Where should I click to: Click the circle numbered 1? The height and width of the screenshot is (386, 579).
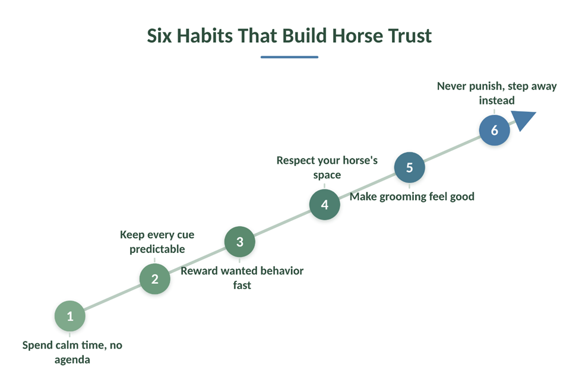[x=70, y=316]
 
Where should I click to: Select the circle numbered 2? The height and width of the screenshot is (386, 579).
[x=155, y=279]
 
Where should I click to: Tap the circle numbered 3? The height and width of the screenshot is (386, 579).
[x=240, y=242]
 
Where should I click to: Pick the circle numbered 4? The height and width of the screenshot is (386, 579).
[x=325, y=204]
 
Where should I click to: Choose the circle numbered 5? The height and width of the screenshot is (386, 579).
[x=410, y=167]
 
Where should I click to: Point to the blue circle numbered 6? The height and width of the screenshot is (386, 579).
[x=495, y=130]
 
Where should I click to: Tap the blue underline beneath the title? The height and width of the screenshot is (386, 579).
[x=289, y=57]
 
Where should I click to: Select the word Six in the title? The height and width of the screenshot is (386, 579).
[x=159, y=36]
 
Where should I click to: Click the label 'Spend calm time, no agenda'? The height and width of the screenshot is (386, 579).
[x=72, y=352]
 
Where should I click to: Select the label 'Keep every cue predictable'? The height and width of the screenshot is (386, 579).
[x=157, y=242]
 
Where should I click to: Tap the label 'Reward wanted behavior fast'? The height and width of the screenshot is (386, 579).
[x=242, y=278]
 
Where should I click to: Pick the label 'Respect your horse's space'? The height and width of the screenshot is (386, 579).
[x=327, y=167]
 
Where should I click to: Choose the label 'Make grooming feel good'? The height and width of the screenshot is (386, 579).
[x=412, y=197]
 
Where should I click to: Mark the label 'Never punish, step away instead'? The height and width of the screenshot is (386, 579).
[x=496, y=93]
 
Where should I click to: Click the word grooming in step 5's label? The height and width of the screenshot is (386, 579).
[x=403, y=197]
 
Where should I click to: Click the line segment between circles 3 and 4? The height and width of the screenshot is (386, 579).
[x=282, y=223]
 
